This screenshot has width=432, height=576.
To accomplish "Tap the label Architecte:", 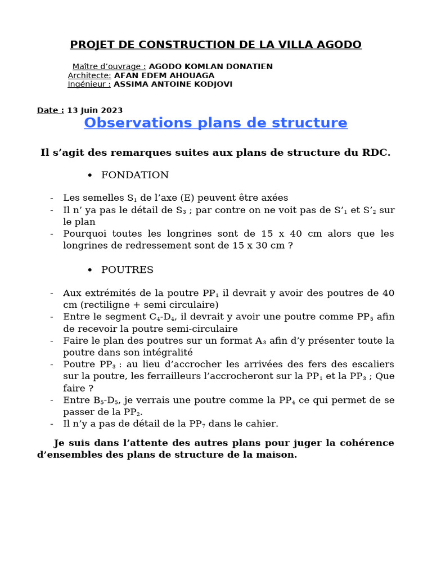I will click(89, 75).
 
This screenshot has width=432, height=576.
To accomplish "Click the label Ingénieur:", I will click(89, 84).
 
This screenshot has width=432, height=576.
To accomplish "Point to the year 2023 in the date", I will click(112, 110).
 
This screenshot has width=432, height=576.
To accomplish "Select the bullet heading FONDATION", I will click(135, 175).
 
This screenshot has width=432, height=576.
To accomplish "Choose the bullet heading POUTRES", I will click(127, 269).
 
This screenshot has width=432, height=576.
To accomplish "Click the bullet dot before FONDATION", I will click(90, 175).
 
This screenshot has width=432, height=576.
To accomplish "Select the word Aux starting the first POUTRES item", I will click(71, 293).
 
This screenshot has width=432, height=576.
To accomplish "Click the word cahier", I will click(262, 424).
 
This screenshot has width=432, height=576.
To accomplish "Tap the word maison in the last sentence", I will click(278, 454).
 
